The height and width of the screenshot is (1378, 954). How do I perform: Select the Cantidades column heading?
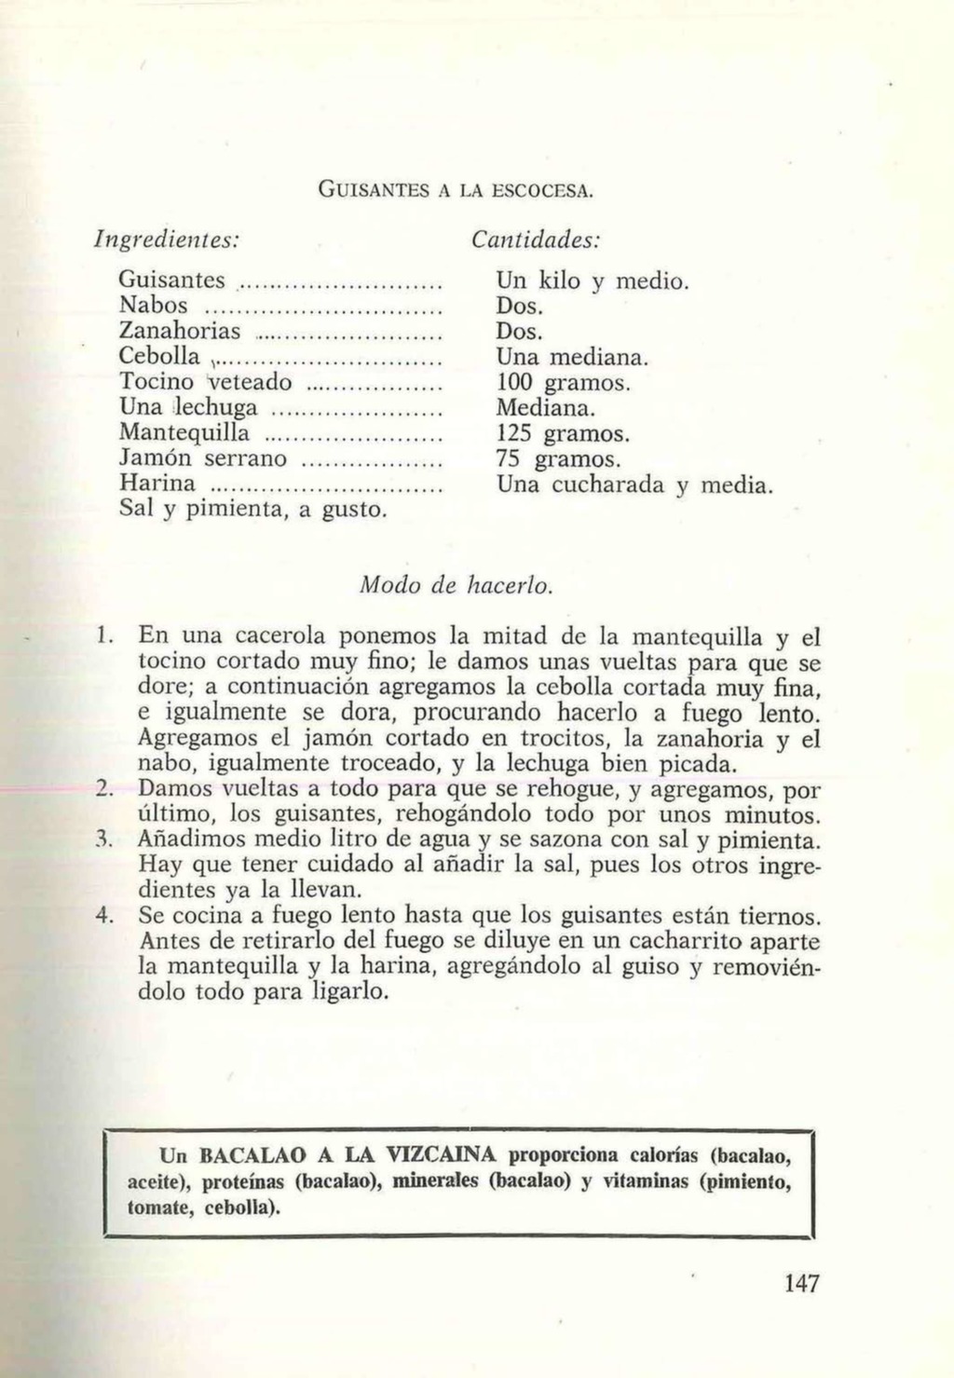(x=535, y=239)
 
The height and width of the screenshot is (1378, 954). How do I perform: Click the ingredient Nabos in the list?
(x=154, y=305)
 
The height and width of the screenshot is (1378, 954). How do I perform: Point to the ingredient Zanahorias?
(x=181, y=331)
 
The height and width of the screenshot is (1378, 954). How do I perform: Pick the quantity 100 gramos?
(x=564, y=382)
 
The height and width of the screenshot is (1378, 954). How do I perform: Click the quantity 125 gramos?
(x=564, y=433)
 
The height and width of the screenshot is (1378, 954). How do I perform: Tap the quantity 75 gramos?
(x=558, y=459)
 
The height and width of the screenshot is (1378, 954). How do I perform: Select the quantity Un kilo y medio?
(x=593, y=280)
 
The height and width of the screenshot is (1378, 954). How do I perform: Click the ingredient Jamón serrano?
(x=203, y=458)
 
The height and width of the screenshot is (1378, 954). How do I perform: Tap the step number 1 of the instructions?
(x=104, y=637)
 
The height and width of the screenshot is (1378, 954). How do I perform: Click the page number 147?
(x=801, y=1284)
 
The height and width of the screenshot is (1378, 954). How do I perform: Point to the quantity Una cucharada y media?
(x=634, y=485)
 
